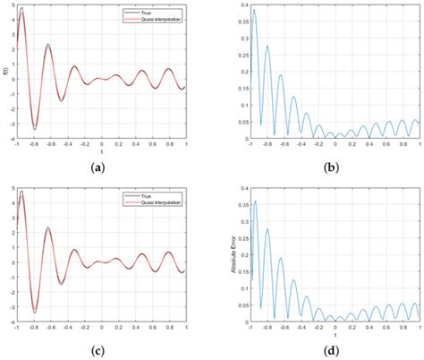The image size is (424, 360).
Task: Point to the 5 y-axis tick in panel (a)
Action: (x=14, y=5)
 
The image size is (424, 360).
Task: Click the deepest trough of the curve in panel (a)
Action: (x=35, y=127)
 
